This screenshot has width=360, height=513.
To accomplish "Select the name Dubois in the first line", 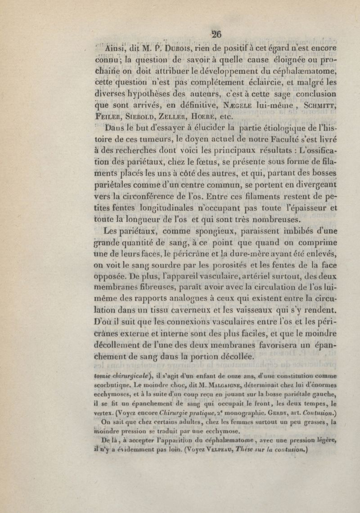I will [154, 49].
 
